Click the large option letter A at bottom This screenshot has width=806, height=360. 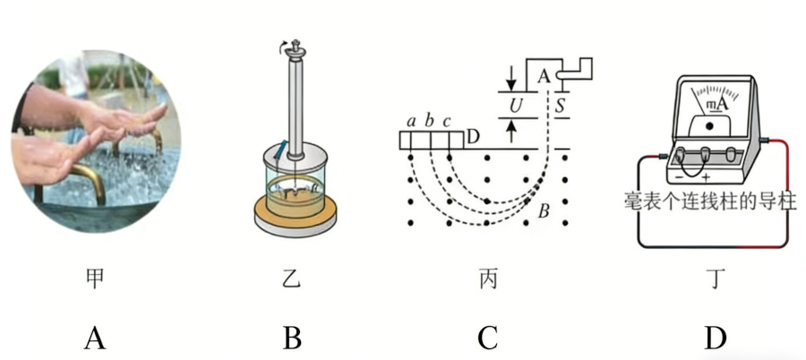tap(95, 338)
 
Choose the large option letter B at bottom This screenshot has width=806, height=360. tap(291, 338)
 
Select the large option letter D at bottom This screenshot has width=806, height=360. tap(714, 338)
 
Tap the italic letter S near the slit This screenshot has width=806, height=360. tap(561, 105)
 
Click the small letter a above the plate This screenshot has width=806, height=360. tap(411, 120)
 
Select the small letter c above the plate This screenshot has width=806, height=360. tap(447, 120)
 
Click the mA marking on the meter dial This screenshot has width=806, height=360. tap(716, 105)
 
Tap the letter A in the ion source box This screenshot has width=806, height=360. tap(544, 77)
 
